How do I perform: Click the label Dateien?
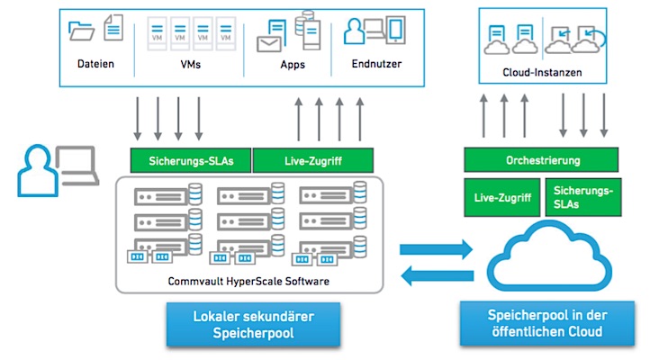pyautogui.click(x=95, y=65)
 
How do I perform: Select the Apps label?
pyautogui.click(x=293, y=65)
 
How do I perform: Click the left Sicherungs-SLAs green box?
pyautogui.click(x=191, y=161)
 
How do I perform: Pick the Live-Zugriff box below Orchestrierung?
pyautogui.click(x=501, y=197)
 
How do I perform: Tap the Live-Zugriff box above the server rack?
pyautogui.click(x=312, y=161)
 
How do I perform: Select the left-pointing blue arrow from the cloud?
pyautogui.click(x=438, y=278)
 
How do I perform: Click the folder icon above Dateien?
pyautogui.click(x=82, y=31)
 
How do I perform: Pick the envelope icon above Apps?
pyautogui.click(x=269, y=42)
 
